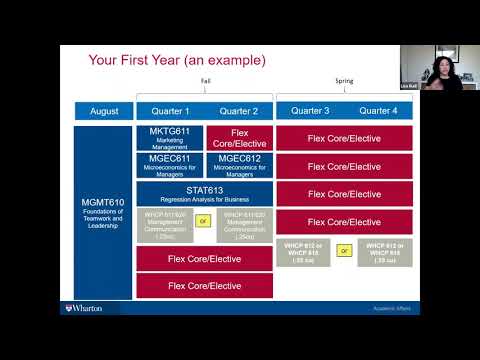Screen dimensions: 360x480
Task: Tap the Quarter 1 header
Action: (x=170, y=111)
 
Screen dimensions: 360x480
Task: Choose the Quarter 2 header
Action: (x=239, y=111)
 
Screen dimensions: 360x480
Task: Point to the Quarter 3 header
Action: (x=310, y=111)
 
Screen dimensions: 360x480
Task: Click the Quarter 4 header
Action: (x=378, y=111)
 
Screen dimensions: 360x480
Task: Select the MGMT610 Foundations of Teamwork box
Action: (x=103, y=212)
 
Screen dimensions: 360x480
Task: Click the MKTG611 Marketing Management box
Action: (x=170, y=138)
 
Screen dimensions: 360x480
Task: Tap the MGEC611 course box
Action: (x=170, y=165)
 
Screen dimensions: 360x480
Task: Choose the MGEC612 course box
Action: (x=239, y=165)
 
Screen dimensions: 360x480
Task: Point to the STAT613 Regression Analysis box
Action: (x=204, y=193)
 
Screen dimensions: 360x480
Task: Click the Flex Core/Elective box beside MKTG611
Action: (x=239, y=138)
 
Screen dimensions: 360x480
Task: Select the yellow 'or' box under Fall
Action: (x=204, y=221)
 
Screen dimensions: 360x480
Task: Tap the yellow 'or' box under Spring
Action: (x=344, y=251)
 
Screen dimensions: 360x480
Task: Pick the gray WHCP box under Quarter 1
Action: (x=164, y=225)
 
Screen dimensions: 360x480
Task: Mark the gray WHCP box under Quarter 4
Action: (x=384, y=251)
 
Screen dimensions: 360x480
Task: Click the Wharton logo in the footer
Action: (x=83, y=308)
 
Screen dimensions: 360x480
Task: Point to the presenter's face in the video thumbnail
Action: (x=438, y=67)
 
